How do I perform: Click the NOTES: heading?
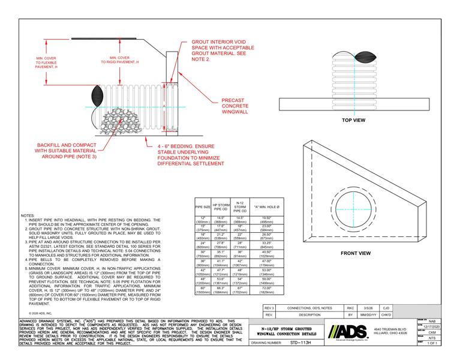coord(28,214)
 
